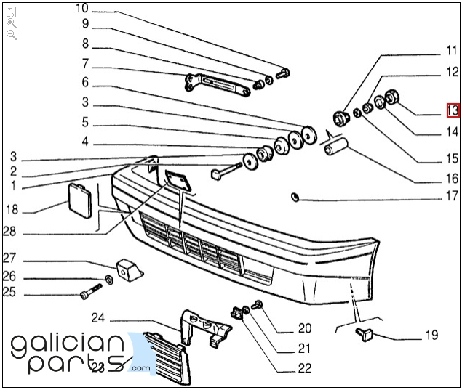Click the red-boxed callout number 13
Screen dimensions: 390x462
pyautogui.click(x=453, y=110)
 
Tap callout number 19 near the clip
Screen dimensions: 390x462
pyautogui.click(x=431, y=335)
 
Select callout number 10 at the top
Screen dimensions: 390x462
pyautogui.click(x=81, y=9)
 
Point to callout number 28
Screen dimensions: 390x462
pyautogui.click(x=9, y=232)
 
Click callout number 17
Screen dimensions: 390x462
pyautogui.click(x=453, y=195)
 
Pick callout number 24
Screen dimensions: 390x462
pyautogui.click(x=98, y=317)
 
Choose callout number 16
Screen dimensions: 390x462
pyautogui.click(x=453, y=178)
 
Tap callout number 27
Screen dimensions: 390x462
pyautogui.click(x=9, y=259)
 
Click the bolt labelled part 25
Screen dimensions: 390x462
pyautogui.click(x=89, y=295)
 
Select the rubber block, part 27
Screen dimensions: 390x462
pyautogui.click(x=129, y=268)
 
